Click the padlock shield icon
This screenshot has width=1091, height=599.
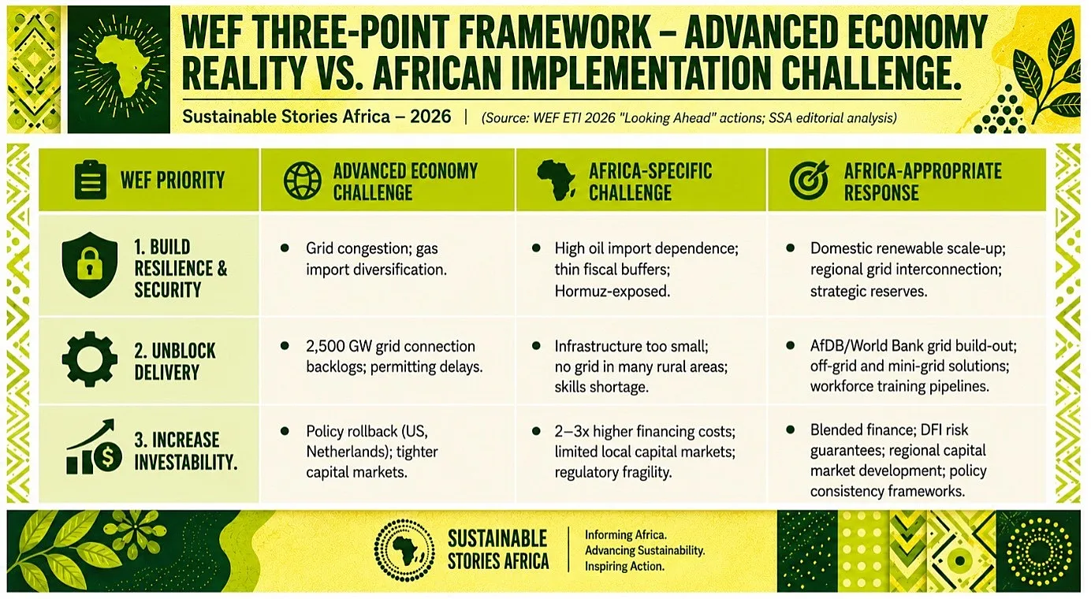pos(90,265)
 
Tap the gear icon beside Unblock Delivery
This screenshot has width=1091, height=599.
pos(90,359)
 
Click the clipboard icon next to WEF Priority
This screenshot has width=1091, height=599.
pos(90,180)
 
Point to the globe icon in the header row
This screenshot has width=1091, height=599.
pos(303,180)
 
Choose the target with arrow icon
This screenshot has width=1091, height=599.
pos(809,180)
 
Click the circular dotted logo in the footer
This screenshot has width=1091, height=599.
pos(404,550)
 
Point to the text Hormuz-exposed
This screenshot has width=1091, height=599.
pos(613,291)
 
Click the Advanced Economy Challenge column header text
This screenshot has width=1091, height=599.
pos(405,181)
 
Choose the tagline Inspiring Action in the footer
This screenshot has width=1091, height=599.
pos(624,567)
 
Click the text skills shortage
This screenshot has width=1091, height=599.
pos(601,387)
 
